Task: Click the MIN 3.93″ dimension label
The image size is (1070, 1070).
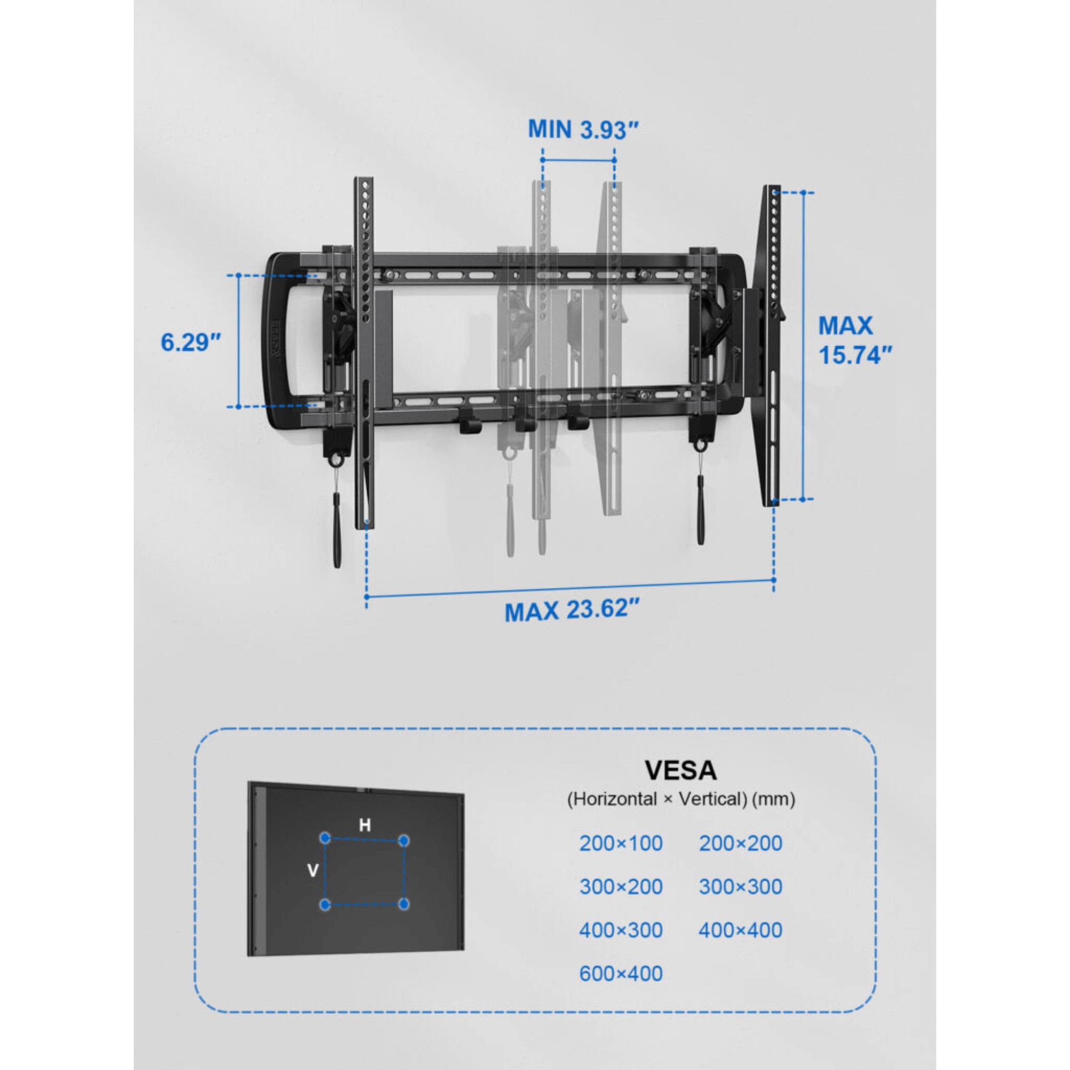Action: [x=583, y=129]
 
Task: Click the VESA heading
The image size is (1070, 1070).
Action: [x=681, y=770]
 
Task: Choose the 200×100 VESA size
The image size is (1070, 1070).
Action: [x=621, y=844]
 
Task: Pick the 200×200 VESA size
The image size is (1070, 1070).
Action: [x=740, y=844]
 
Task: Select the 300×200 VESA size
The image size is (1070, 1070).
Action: [x=621, y=886]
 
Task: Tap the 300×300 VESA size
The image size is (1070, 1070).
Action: [x=740, y=886]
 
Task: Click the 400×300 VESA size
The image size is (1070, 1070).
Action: [x=621, y=930]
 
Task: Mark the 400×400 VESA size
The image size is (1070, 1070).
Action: [x=740, y=930]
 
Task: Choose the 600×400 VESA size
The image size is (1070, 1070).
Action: [x=621, y=973]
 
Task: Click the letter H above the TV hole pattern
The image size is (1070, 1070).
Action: [x=364, y=826]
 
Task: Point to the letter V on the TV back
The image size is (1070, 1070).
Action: [x=312, y=871]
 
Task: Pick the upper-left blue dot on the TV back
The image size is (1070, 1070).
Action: [x=326, y=837]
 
